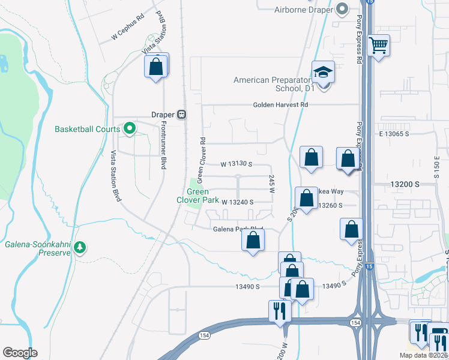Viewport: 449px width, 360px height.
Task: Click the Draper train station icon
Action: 181,115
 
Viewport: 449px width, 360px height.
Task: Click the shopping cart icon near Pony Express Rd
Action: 378,45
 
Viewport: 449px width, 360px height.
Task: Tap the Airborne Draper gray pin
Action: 342,9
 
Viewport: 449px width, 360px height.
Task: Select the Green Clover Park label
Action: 197,196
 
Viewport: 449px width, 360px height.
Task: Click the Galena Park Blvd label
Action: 239,229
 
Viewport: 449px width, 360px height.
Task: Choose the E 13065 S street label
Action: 394,134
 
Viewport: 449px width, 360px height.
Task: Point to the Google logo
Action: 20,353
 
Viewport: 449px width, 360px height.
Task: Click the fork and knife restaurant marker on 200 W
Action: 280,311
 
